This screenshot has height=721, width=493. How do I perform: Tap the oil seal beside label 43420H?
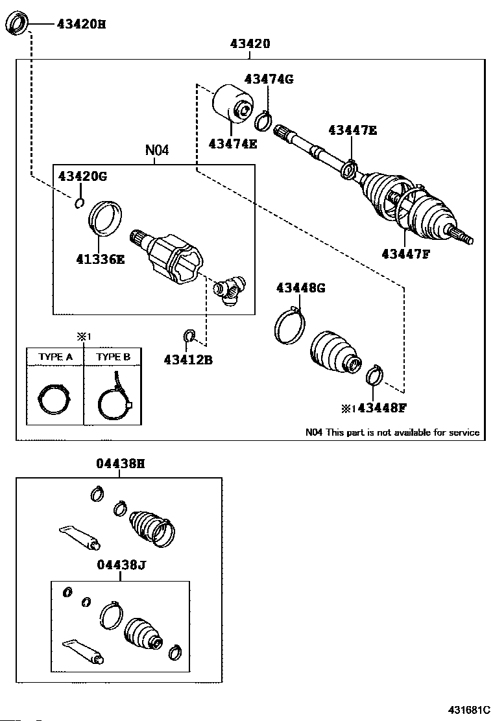coord(18,25)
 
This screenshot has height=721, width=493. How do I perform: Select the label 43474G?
coord(269,79)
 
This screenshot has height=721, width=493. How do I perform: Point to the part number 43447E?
coord(352,130)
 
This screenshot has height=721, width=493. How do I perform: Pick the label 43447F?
coord(407,254)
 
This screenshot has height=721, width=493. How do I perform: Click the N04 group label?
coord(156,150)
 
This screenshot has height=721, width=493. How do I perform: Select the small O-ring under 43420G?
coord(79,203)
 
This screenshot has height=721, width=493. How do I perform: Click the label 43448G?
coord(300,288)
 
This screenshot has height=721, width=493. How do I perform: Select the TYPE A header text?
coord(55,357)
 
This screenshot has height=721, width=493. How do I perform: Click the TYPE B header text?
coord(113,357)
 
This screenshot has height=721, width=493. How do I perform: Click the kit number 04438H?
coord(120,464)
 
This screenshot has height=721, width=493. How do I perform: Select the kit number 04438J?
coord(120,565)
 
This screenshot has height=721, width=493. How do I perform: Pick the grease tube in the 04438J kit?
coord(82,652)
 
